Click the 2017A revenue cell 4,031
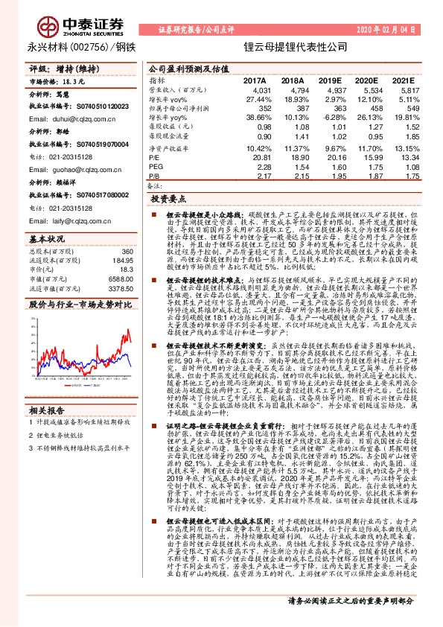(x=255, y=89)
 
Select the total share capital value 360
(x=127, y=253)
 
